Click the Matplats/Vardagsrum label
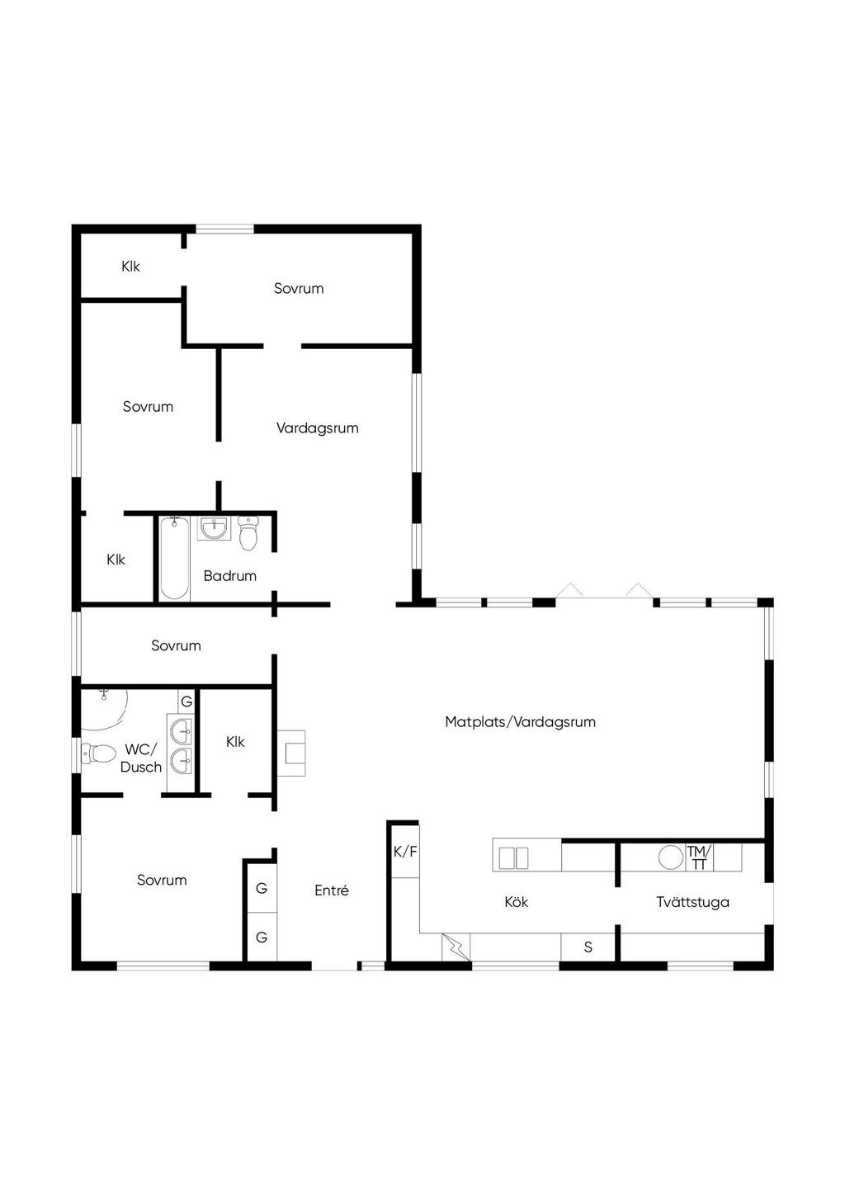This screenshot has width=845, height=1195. point(520,722)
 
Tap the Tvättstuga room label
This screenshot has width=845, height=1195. point(692,902)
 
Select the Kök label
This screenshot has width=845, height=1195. point(516,902)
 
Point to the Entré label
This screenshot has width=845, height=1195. point(331,890)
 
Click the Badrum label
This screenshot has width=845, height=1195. point(230,575)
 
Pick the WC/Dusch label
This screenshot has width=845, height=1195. point(140,758)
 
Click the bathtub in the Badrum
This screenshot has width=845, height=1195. point(174,558)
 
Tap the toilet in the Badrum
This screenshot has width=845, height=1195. point(248,532)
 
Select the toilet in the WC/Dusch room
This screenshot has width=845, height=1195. point(99,753)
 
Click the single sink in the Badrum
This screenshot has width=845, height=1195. point(215,528)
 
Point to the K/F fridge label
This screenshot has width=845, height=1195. point(405,852)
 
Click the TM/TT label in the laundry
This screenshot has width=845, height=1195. point(699,857)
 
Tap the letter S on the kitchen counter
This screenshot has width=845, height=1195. point(588,947)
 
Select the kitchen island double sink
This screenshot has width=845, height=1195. point(513,858)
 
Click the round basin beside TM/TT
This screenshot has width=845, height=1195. point(671,857)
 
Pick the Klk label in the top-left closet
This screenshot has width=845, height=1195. point(130,267)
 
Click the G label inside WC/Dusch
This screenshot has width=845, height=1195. point(186,701)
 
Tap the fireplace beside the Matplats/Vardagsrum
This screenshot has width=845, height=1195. point(291,753)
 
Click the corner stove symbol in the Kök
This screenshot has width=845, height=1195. point(456,947)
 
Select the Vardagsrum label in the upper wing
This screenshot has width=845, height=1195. point(318,427)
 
